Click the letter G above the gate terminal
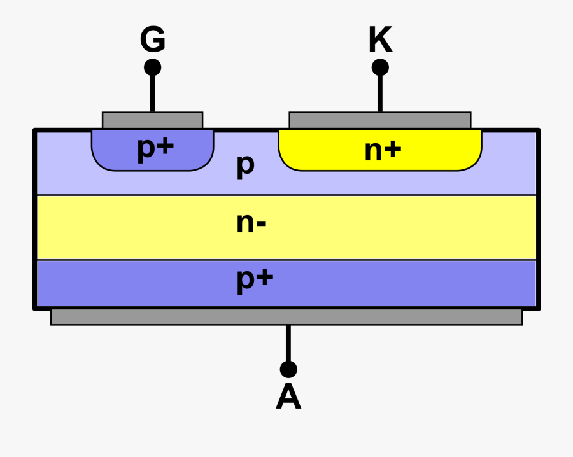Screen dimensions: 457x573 (x=153, y=40)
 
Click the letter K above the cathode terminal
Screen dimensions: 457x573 (x=380, y=40)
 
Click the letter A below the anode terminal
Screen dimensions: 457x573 (x=288, y=398)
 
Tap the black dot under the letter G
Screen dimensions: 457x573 (x=152, y=67)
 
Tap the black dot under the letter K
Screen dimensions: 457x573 (x=380, y=67)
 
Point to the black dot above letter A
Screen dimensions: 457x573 (x=288, y=369)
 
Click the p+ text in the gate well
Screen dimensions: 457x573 (x=155, y=148)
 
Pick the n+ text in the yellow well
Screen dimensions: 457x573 (x=383, y=150)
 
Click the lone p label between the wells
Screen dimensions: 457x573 (x=246, y=166)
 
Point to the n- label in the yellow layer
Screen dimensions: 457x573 (x=251, y=223)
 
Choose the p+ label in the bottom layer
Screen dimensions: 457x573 (x=255, y=279)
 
